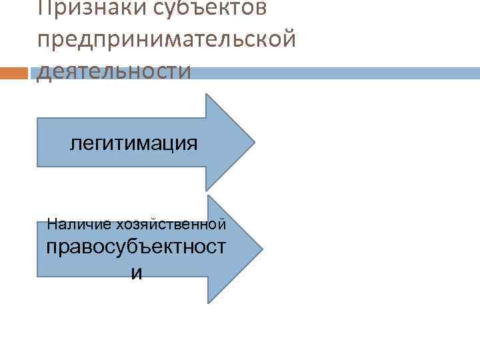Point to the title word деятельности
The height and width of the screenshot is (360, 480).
[113, 70]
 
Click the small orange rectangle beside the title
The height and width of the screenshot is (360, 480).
[15, 73]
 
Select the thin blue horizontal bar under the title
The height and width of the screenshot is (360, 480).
[333, 73]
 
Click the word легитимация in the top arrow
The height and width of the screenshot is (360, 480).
[134, 143]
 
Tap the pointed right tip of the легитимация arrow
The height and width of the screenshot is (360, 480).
[254, 142]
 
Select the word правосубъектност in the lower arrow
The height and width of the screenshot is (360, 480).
[136, 247]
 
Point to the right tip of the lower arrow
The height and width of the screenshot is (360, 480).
[262, 249]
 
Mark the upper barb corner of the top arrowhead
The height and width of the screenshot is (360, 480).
[206, 95]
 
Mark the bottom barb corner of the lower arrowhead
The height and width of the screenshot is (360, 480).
[209, 302]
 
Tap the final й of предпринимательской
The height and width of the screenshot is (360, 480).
[287, 39]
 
